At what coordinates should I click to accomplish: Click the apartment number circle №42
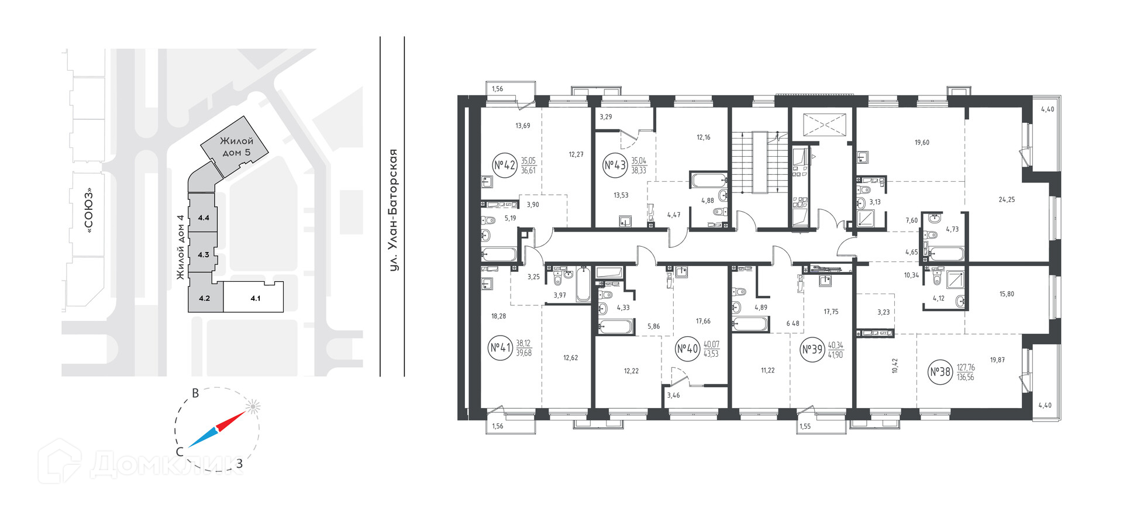[505, 165]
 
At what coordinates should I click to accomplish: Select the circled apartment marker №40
[688, 349]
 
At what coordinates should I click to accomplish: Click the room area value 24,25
[1007, 199]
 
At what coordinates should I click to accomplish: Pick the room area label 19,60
[922, 142]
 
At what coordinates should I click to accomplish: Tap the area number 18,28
[498, 316]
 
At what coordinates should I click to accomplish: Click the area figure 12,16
[704, 137]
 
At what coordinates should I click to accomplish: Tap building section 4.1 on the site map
[255, 298]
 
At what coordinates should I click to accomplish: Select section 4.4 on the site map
[203, 218]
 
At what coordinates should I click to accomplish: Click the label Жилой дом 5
[237, 147]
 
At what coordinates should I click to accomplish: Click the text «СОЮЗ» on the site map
[89, 211]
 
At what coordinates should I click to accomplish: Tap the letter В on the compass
[196, 394]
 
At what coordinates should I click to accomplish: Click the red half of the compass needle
[231, 421]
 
